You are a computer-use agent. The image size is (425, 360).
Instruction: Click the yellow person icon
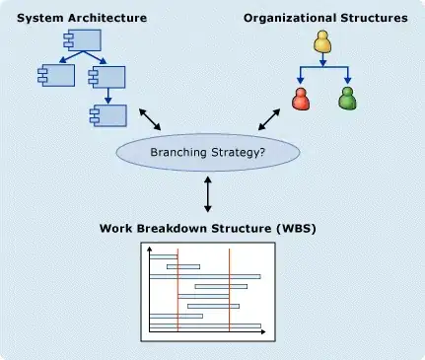(322, 41)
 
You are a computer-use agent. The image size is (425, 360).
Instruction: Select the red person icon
(301, 99)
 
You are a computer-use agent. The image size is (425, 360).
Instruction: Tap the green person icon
(347, 98)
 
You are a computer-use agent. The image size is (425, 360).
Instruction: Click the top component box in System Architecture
(82, 40)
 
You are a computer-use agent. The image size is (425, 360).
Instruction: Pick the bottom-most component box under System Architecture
(108, 115)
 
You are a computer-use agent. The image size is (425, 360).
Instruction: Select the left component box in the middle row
(56, 75)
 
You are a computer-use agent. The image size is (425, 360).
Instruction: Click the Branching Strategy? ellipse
(208, 152)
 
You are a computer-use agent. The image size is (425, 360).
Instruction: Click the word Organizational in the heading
(290, 18)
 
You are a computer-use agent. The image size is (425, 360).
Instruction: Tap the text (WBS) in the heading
(296, 228)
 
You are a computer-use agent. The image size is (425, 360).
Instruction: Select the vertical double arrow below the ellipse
(208, 194)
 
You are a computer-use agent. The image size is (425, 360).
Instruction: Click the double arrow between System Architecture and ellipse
(150, 119)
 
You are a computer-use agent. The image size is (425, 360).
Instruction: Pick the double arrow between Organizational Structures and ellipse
(269, 119)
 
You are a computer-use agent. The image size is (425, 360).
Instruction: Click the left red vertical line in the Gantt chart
(177, 290)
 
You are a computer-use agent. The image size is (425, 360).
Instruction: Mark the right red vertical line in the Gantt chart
(230, 290)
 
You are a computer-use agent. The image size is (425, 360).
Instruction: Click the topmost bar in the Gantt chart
(164, 256)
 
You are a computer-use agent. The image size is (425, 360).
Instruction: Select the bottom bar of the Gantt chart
(205, 325)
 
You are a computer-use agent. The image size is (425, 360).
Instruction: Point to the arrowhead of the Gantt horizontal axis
(263, 332)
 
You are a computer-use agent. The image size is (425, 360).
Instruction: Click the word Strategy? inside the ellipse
(238, 153)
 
